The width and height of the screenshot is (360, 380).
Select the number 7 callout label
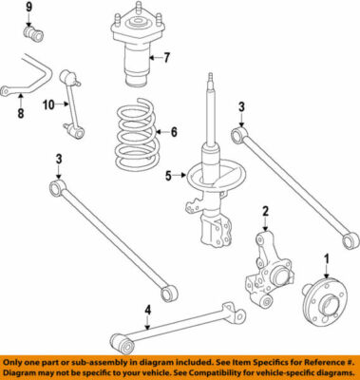(166, 58)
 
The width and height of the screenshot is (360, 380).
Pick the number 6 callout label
(173, 132)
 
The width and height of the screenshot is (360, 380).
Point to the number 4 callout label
(147, 308)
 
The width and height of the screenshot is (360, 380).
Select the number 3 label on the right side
(242, 106)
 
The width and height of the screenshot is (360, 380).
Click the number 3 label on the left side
(58, 159)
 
